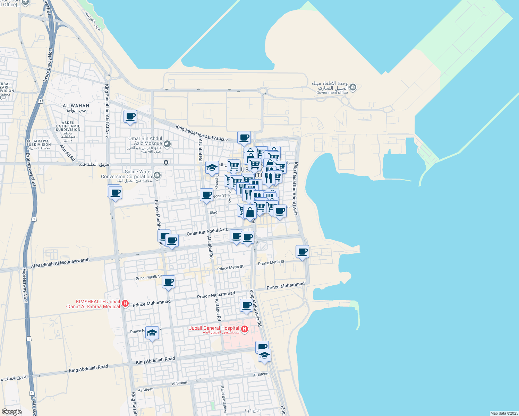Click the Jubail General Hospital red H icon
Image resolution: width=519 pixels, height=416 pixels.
click(x=244, y=329)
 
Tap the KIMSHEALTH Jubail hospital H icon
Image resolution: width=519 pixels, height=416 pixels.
click(x=125, y=304)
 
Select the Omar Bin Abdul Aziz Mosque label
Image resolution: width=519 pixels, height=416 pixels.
click(x=145, y=141)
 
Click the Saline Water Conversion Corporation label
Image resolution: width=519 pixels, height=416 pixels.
click(x=126, y=174)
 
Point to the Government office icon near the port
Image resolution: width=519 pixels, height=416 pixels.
click(x=353, y=87)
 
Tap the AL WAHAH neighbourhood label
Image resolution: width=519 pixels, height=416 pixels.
click(x=76, y=106)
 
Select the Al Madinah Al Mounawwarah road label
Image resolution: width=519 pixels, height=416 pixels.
click(x=60, y=262)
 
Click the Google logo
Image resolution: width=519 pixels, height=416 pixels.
click(x=11, y=412)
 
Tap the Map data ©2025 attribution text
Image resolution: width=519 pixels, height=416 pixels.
click(x=504, y=413)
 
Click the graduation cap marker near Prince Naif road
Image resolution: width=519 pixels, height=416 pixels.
click(x=152, y=333)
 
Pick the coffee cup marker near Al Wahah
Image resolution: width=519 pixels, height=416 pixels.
click(x=130, y=116)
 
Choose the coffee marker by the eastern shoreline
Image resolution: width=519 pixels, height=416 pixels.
click(x=302, y=252)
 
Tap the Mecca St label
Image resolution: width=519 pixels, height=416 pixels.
click(x=219, y=196)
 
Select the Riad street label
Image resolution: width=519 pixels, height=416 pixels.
click(x=213, y=213)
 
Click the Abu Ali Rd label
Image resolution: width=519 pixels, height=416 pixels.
click(x=68, y=153)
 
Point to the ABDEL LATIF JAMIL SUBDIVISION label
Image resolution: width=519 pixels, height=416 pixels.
click(x=68, y=126)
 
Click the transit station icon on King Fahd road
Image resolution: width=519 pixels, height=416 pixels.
click(x=166, y=162)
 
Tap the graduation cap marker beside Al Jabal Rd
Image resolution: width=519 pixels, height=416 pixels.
click(x=212, y=168)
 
